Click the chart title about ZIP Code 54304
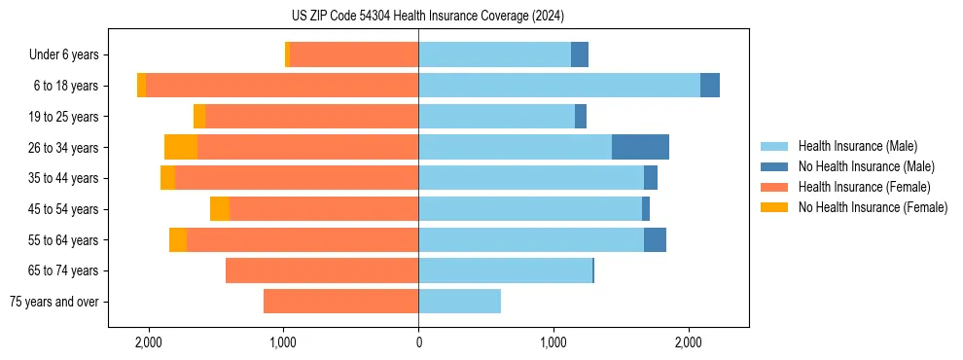(427, 17)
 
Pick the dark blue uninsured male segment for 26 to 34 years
(640, 147)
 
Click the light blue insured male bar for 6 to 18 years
(559, 86)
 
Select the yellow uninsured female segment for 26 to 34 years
(181, 147)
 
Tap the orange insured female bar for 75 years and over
(340, 302)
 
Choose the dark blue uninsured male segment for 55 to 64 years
(655, 239)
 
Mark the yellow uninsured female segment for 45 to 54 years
(220, 209)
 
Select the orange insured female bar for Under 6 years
(354, 54)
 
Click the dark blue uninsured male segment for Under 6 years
(580, 54)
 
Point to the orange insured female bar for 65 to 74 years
(322, 270)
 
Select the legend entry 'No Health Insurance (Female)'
(873, 207)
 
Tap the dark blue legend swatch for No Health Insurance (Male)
(774, 166)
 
